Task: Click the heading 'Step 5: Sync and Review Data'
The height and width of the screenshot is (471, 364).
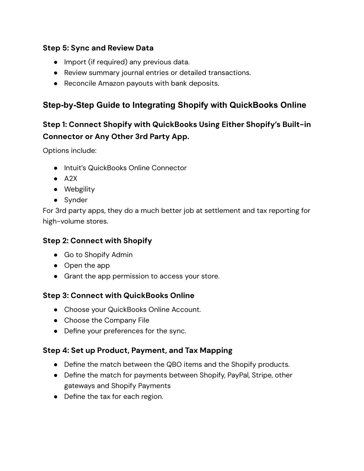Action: tap(98, 48)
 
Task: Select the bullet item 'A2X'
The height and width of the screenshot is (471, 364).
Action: tap(70, 179)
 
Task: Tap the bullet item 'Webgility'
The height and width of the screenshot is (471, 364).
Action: tap(79, 189)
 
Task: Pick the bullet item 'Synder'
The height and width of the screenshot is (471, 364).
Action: tap(76, 200)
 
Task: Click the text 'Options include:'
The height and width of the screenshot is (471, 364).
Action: tap(70, 151)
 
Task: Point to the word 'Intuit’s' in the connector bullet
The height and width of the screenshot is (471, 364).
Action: tap(75, 168)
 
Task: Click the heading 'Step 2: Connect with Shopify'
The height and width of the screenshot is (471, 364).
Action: tap(97, 241)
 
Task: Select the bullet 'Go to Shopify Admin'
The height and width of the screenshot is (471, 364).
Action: tap(98, 255)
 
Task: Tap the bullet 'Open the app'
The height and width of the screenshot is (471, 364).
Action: tap(87, 266)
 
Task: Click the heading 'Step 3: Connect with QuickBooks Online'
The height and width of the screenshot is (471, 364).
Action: tap(118, 295)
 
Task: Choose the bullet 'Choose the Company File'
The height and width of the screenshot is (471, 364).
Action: tap(107, 320)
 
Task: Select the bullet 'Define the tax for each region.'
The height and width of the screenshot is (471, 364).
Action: tap(113, 396)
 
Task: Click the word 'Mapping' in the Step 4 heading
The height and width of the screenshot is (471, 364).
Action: tap(216, 350)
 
